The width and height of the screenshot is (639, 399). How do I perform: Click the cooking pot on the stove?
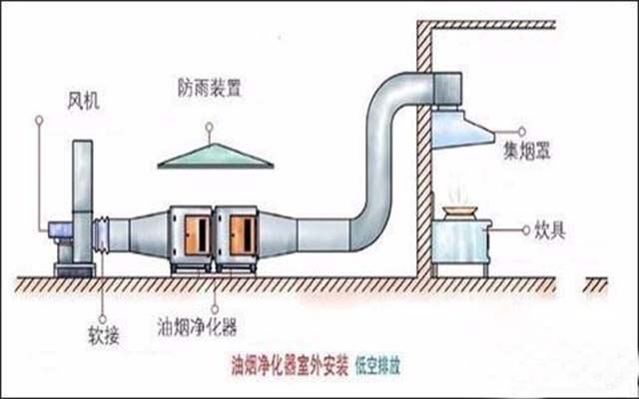click(462, 211)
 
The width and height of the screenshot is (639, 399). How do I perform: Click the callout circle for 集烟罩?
click(521, 131)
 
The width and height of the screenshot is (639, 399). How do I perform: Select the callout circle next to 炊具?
click(525, 230)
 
